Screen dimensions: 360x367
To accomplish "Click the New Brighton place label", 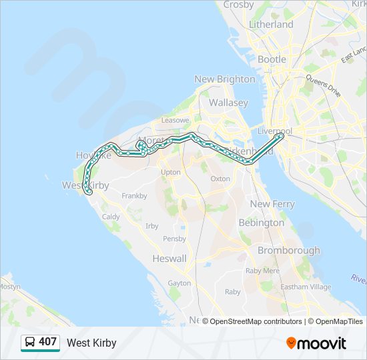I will (225, 79).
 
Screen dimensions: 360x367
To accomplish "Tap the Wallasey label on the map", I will (228, 103).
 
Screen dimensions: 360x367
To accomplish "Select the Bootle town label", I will (272, 59).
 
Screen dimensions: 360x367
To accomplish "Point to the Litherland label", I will (271, 24).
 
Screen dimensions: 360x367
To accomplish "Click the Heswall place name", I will (169, 258).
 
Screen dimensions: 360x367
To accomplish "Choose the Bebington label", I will (261, 223).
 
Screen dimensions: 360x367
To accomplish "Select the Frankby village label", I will (134, 196).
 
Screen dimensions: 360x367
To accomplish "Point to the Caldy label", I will (111, 217).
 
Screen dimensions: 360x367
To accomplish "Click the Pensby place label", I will (174, 239).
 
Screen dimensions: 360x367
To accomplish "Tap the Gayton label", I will (179, 283).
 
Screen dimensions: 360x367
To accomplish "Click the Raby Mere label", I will (262, 271).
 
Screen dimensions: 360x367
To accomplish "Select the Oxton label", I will (220, 179).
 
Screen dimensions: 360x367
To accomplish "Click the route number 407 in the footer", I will (48, 342).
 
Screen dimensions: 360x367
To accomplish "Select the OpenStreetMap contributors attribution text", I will (256, 321).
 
